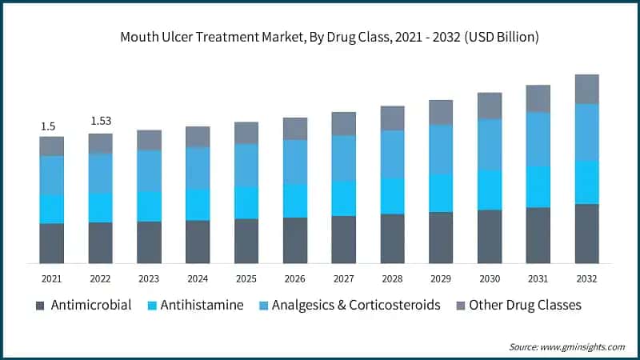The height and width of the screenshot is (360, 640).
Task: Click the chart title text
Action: pyautogui.click(x=319, y=37)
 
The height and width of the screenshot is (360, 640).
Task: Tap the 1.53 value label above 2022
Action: pyautogui.click(x=100, y=121)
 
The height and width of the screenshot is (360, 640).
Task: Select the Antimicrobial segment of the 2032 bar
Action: pyautogui.click(x=586, y=234)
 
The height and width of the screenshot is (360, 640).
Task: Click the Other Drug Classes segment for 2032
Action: pyautogui.click(x=586, y=89)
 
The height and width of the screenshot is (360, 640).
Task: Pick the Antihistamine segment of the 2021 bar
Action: pyautogui.click(x=51, y=209)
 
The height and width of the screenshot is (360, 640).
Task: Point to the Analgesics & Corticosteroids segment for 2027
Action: pyautogui.click(x=343, y=158)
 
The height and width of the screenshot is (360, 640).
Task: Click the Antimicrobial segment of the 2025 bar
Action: pyautogui.click(x=246, y=241)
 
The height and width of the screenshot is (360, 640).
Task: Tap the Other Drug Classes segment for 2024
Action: pyautogui.click(x=198, y=137)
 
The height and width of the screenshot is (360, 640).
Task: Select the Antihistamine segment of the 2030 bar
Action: pyautogui.click(x=490, y=190)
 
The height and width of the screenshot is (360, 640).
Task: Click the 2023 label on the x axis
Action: pyautogui.click(x=149, y=278)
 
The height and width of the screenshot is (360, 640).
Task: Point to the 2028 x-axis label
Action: pyautogui.click(x=392, y=278)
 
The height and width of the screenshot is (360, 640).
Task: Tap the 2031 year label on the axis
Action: pyautogui.click(x=538, y=278)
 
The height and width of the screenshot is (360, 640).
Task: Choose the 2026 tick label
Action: pyautogui.click(x=294, y=278)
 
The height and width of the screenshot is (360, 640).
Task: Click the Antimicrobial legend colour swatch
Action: pyautogui.click(x=41, y=306)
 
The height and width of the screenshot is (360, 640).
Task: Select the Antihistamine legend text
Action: pyautogui.click(x=202, y=305)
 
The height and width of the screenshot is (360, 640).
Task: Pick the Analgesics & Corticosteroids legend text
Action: pyautogui.click(x=356, y=305)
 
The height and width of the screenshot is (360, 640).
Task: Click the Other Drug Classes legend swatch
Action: pyautogui.click(x=459, y=306)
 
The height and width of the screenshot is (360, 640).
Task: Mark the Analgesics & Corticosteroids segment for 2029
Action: pyautogui.click(x=441, y=150)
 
